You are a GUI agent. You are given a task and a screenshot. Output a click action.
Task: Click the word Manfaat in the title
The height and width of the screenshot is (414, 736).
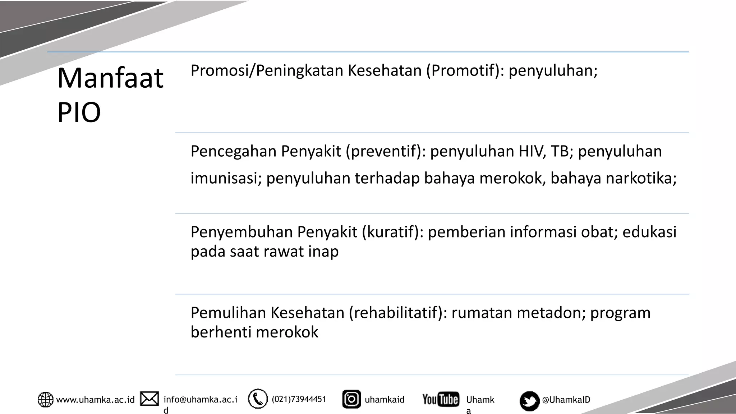pyautogui.click(x=110, y=78)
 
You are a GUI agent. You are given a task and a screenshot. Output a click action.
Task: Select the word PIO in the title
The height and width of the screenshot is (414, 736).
pyautogui.click(x=79, y=112)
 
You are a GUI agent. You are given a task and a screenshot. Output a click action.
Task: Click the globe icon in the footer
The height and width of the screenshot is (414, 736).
pyautogui.click(x=45, y=400)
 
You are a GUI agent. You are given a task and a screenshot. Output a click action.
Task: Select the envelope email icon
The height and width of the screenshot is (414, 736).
pyautogui.click(x=149, y=399)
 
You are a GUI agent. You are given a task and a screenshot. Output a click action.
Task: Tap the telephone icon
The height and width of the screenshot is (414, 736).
pyautogui.click(x=258, y=399)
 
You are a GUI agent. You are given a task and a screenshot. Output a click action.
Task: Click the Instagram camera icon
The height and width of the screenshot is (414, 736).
pyautogui.click(x=351, y=399)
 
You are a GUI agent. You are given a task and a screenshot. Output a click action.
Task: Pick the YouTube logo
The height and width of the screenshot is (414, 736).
pyautogui.click(x=441, y=399)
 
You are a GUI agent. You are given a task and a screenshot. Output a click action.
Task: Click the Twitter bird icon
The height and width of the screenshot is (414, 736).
pyautogui.click(x=529, y=401)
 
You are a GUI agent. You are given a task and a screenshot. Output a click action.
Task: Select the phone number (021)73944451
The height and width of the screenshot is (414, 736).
pyautogui.click(x=299, y=399)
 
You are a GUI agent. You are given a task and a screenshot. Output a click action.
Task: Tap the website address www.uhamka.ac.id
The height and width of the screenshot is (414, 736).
pyautogui.click(x=95, y=400)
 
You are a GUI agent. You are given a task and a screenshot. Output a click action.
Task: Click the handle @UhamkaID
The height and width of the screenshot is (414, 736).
pyautogui.click(x=566, y=400)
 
